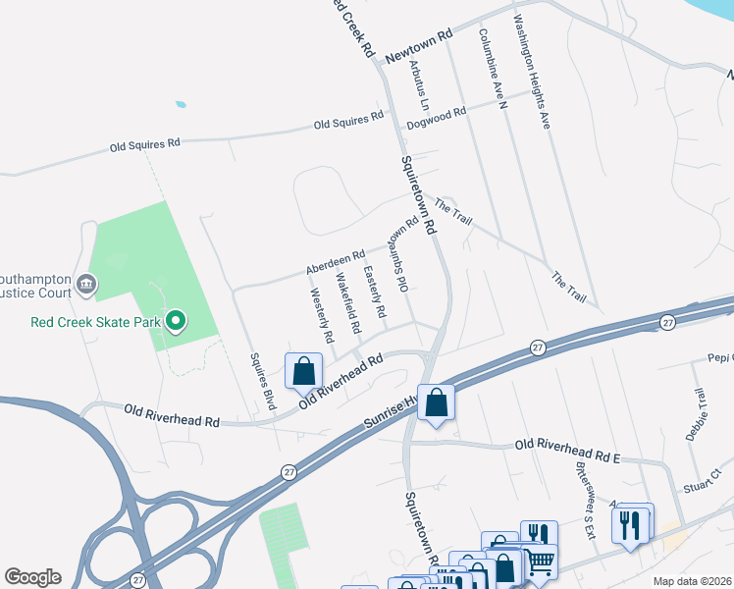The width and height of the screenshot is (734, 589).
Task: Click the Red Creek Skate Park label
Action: click(94, 321)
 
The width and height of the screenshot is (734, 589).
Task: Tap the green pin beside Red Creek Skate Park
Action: click(176, 321)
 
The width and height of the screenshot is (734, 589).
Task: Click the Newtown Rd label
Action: click(418, 46)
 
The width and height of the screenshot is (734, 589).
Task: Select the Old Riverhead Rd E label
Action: click(568, 447)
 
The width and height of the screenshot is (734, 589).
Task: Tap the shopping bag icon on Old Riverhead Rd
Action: click(303, 371)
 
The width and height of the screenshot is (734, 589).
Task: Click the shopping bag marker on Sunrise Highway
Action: click(436, 402)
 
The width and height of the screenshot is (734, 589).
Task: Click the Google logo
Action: click(33, 577)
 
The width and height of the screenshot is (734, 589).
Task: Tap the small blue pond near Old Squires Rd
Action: click(180, 103)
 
